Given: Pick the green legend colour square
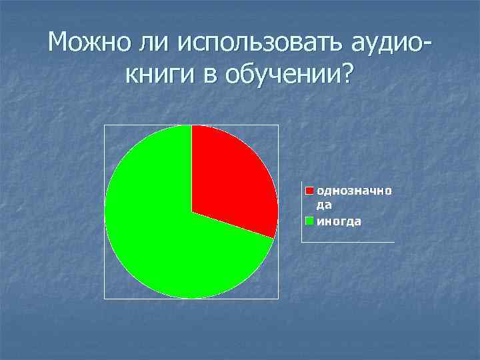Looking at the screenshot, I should (309, 221).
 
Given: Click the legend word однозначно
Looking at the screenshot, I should (353, 191).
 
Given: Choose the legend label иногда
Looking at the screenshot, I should (339, 221).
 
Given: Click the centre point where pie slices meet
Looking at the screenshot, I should (191, 211).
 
